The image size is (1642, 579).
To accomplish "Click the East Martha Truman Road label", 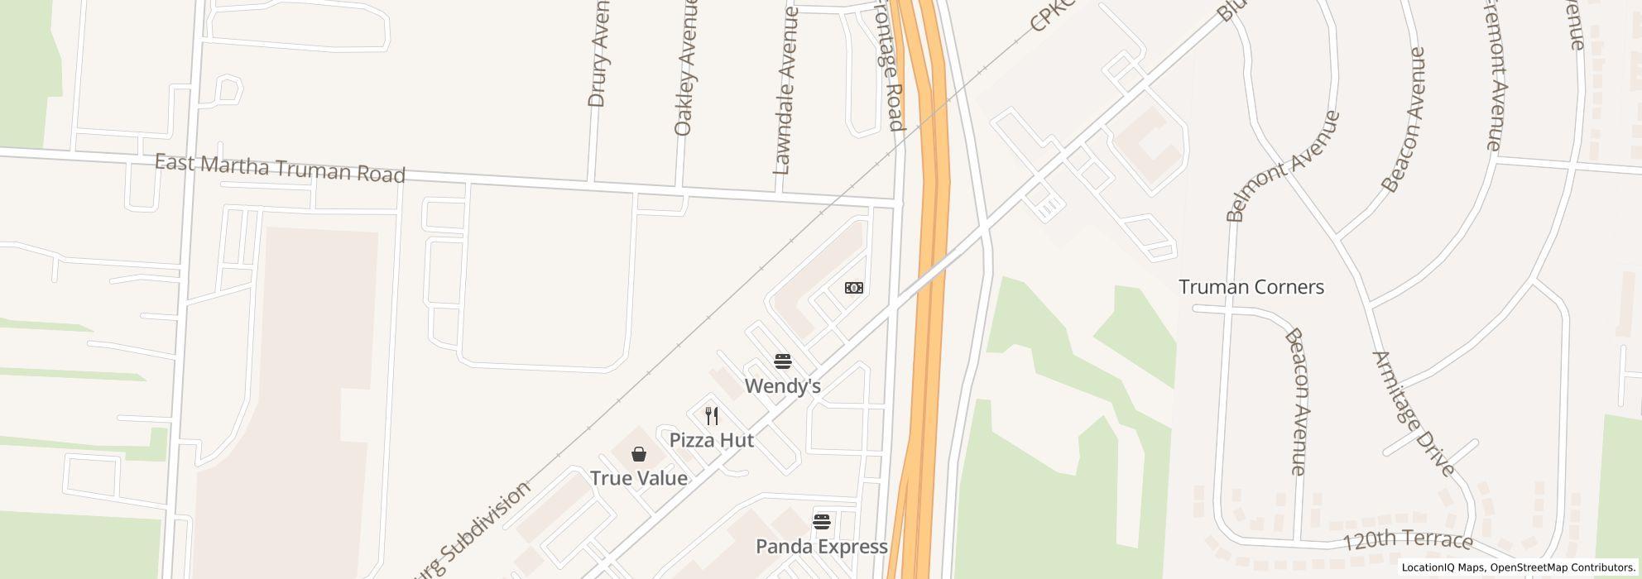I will pos(280,168).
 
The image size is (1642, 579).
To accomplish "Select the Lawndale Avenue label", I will pos(784,91).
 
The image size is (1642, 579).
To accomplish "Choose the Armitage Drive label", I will pos(1414,414).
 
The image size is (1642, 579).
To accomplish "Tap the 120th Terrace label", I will pos(1407,541).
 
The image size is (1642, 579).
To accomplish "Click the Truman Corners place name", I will pos(1251,287).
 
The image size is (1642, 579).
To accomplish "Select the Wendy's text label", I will pos(782,386).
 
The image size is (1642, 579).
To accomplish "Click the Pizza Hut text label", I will pos(711,440).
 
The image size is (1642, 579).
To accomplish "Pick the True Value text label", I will pos(638,478).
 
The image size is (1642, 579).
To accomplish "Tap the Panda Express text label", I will pos(821,547).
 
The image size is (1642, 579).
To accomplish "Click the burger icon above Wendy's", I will pos(782,361).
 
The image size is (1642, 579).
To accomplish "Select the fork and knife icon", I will pos(711,415).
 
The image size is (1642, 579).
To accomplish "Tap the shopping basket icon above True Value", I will pos(638,454).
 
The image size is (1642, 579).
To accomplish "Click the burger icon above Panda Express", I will pos(821,522).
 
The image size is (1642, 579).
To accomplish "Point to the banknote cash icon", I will pos(853,288).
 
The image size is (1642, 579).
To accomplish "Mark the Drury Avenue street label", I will pos(598,54).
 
